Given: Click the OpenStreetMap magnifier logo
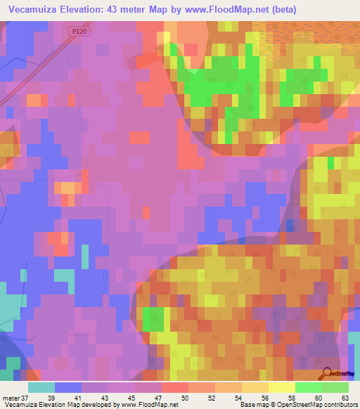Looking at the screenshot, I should click(x=326, y=373).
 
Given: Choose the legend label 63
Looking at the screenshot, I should click(x=345, y=398).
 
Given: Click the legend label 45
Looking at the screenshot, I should click(x=131, y=398).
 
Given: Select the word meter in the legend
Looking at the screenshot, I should click(x=11, y=398).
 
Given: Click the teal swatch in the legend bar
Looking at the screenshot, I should click(x=41, y=387).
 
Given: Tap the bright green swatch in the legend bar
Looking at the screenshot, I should click(x=309, y=387).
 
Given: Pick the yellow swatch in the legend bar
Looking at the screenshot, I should click(x=282, y=387).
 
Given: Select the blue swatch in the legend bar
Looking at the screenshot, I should click(x=68, y=387).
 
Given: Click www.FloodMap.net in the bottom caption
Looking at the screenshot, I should click(x=148, y=405).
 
